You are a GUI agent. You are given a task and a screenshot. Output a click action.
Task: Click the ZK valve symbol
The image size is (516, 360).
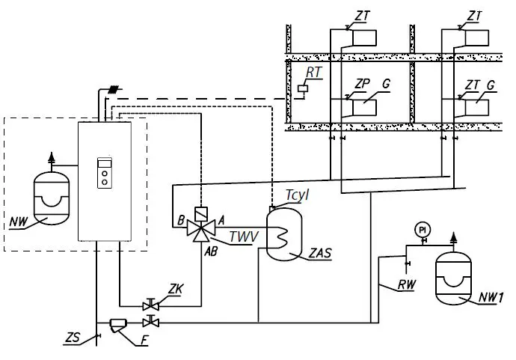pos(153,305)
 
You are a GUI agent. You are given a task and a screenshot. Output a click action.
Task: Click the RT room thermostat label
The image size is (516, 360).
pos(313,73)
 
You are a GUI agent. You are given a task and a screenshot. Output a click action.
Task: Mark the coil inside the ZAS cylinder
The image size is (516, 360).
pos(283,237)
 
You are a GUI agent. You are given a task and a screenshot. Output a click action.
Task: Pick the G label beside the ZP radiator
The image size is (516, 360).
pos(386,85)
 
